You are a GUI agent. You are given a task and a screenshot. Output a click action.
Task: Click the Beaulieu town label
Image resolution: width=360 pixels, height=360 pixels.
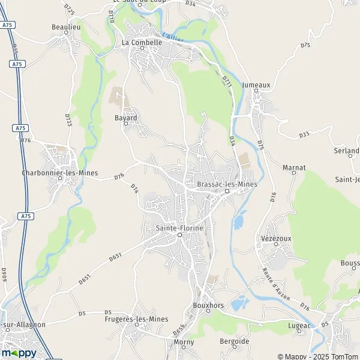tap(66, 27)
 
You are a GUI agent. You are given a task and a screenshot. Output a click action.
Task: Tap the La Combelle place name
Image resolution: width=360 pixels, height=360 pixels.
tap(142, 43)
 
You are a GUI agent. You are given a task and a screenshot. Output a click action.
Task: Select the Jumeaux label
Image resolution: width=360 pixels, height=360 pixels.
tap(256, 85)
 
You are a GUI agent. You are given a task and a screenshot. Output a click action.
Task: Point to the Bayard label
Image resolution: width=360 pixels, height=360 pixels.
tap(126, 118)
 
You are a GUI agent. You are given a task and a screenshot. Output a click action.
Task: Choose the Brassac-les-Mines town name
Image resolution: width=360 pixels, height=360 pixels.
tap(227, 184)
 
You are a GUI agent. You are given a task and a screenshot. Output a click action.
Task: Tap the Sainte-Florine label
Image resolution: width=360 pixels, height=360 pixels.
tap(179, 228)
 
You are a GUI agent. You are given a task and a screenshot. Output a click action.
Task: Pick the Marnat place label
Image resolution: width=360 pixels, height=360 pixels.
tap(294, 167)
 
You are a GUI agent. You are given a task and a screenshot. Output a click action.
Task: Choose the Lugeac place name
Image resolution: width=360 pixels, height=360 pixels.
tap(301, 325)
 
